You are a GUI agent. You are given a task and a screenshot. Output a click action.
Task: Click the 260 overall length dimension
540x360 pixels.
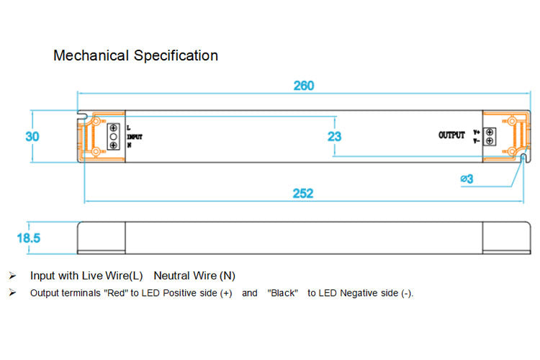click(x=304, y=86)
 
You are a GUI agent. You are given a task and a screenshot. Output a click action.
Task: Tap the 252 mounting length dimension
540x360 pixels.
click(x=302, y=194)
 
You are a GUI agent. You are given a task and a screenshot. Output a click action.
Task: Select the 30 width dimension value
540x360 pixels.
click(x=32, y=136)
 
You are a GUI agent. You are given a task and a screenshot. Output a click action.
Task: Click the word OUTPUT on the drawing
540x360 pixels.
click(x=451, y=135)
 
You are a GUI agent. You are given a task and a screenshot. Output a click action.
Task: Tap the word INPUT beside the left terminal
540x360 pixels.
click(x=135, y=136)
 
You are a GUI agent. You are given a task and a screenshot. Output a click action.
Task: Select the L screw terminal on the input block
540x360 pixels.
click(x=113, y=127)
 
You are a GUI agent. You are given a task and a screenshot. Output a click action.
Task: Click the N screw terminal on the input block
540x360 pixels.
click(x=113, y=145)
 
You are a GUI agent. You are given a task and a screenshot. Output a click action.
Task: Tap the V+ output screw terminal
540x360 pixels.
click(x=490, y=132)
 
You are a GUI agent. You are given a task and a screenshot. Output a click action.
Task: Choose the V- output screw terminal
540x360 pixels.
click(x=490, y=141)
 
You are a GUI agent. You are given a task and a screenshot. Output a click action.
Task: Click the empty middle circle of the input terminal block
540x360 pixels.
click(x=113, y=136)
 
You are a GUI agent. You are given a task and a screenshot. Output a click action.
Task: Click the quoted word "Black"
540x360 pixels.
click(x=283, y=294)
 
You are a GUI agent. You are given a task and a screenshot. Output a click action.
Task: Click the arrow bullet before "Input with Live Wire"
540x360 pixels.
click(x=12, y=276)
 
